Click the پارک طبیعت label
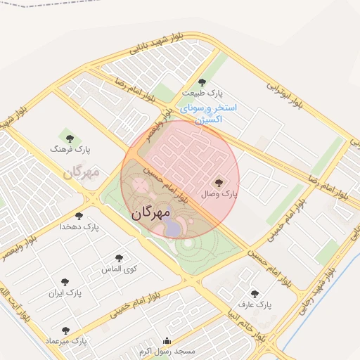click(x=202, y=94)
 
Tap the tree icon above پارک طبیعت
click(x=202, y=83)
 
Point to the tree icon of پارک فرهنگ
click(x=69, y=138)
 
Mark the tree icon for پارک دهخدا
click(x=79, y=216)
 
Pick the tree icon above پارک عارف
click(x=254, y=294)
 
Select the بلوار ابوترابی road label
click(x=284, y=95)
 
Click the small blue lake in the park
click(x=173, y=226)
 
